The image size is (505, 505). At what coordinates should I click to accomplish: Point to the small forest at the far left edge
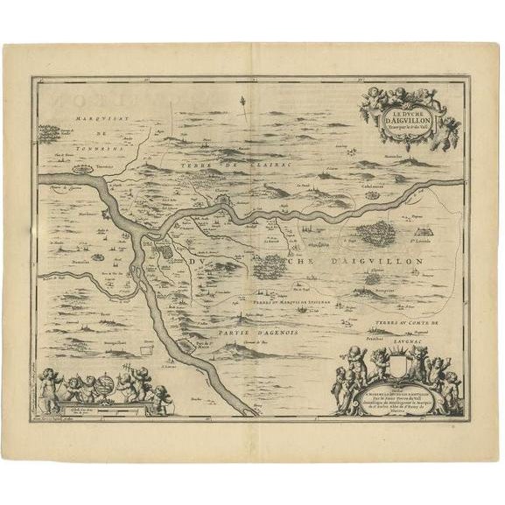(x=49, y=133)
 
